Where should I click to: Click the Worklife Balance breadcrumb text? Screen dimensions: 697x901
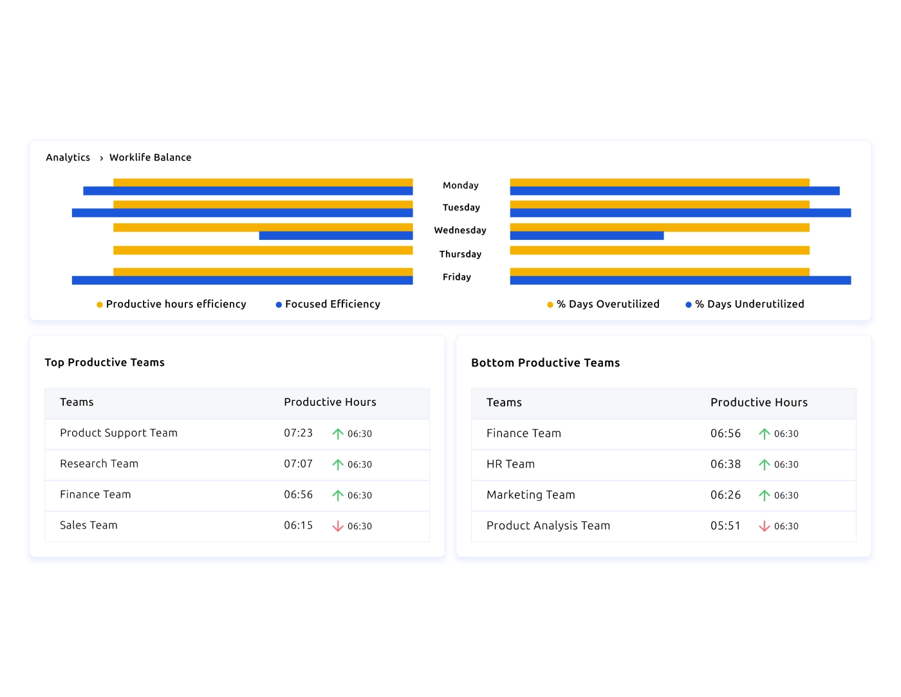click(150, 158)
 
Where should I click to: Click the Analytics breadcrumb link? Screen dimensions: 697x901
click(68, 158)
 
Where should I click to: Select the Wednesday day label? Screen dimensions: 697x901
click(460, 230)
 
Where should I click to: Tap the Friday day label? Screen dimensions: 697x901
click(456, 277)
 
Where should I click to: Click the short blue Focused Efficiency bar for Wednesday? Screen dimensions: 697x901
click(335, 236)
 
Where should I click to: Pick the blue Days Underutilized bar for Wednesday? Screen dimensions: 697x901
click(586, 236)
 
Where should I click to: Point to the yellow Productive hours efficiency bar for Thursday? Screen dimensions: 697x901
click(263, 250)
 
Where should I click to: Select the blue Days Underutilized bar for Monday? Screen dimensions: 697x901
click(674, 191)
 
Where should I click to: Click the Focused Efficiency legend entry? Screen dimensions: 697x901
click(332, 304)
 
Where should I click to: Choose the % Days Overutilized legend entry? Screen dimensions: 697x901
click(608, 304)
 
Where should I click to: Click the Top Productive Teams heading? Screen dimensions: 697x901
click(104, 363)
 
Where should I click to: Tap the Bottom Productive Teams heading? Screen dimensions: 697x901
click(545, 363)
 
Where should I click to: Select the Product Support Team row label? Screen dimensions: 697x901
click(118, 433)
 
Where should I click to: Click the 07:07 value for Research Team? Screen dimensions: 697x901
click(298, 464)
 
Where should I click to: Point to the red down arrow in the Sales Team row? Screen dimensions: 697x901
click(338, 526)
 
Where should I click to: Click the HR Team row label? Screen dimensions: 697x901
click(510, 464)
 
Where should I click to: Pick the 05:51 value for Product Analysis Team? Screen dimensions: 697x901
click(725, 526)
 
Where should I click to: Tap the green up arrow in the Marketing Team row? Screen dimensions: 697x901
click(765, 495)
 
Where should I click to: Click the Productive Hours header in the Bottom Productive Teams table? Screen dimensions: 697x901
click(759, 403)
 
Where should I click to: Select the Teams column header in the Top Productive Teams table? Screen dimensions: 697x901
click(77, 403)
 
